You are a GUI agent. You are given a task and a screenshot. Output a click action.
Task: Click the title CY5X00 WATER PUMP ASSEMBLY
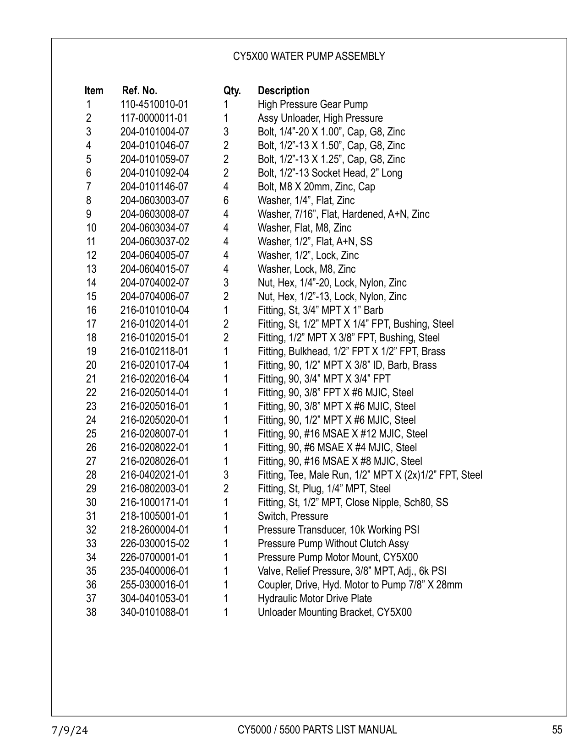[309, 56]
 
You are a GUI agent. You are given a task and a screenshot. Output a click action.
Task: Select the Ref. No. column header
[140, 91]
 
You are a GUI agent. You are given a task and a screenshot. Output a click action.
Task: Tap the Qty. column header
[232, 91]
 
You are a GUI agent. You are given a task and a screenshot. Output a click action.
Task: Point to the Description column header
[284, 91]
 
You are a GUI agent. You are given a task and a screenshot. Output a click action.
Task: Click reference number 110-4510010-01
[154, 104]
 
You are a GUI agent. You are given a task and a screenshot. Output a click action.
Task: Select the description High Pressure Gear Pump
[312, 104]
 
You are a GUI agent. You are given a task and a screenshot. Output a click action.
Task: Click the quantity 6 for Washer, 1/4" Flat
[226, 200]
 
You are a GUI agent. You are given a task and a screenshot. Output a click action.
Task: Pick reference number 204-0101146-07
[154, 187]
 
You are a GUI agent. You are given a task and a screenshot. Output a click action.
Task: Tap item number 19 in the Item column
[91, 351]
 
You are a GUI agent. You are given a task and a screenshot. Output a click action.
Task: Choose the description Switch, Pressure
[293, 516]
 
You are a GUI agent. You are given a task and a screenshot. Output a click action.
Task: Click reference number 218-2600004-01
[154, 530]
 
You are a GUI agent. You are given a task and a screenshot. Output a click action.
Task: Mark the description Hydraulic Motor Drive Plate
[315, 599]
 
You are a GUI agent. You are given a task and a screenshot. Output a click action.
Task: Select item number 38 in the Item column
[91, 612]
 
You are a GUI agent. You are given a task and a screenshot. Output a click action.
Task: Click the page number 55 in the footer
[557, 730]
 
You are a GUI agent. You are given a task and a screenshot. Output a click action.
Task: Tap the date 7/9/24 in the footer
[69, 730]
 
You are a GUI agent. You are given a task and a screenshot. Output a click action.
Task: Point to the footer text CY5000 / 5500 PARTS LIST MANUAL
[317, 730]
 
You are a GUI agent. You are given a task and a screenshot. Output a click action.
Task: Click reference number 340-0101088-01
[154, 612]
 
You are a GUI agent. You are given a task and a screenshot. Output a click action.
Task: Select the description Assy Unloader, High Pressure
[320, 118]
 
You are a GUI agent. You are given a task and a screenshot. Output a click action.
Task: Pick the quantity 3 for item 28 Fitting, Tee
[226, 475]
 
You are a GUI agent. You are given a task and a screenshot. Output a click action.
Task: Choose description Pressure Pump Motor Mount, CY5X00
[338, 557]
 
